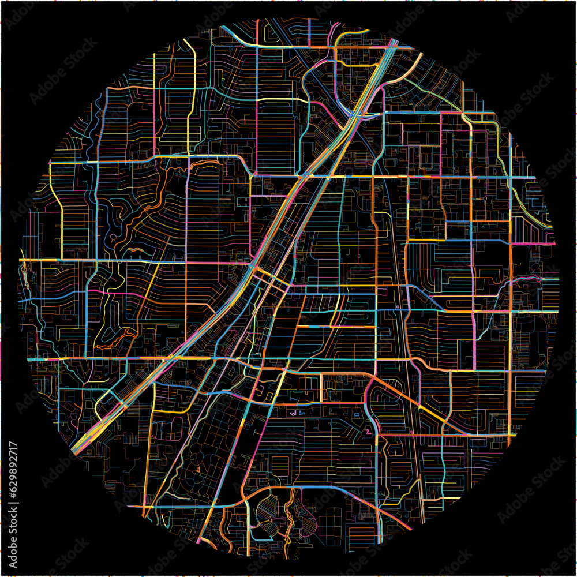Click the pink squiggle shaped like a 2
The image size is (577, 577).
click(366, 431)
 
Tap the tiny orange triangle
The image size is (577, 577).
click(198, 470)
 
